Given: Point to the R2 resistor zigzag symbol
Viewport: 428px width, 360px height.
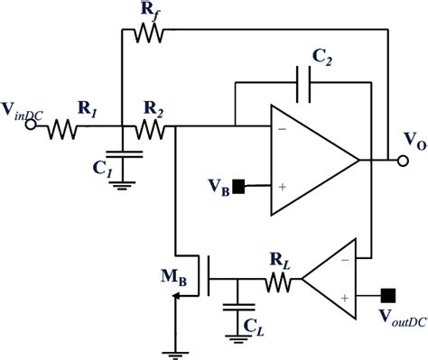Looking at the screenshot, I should point(149,130).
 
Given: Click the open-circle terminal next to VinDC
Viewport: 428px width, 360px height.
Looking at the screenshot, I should point(30,127).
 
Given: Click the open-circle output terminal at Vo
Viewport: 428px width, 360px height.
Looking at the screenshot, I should point(402,161).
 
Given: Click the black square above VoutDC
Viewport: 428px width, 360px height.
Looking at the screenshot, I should point(389,294).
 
